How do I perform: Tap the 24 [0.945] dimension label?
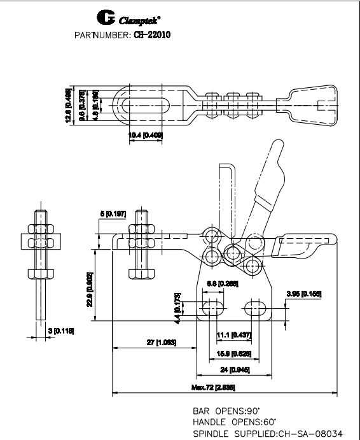click(x=235, y=369)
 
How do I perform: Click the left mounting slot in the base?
click(x=212, y=308)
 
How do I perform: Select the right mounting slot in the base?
click(x=257, y=308)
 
